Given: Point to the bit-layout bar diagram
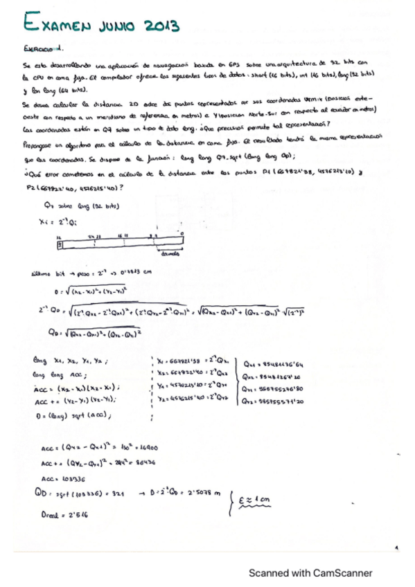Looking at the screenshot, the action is tap(121, 244).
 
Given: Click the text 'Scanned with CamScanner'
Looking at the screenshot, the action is tap(310, 572).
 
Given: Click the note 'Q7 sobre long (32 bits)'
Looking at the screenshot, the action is tap(70, 207).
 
